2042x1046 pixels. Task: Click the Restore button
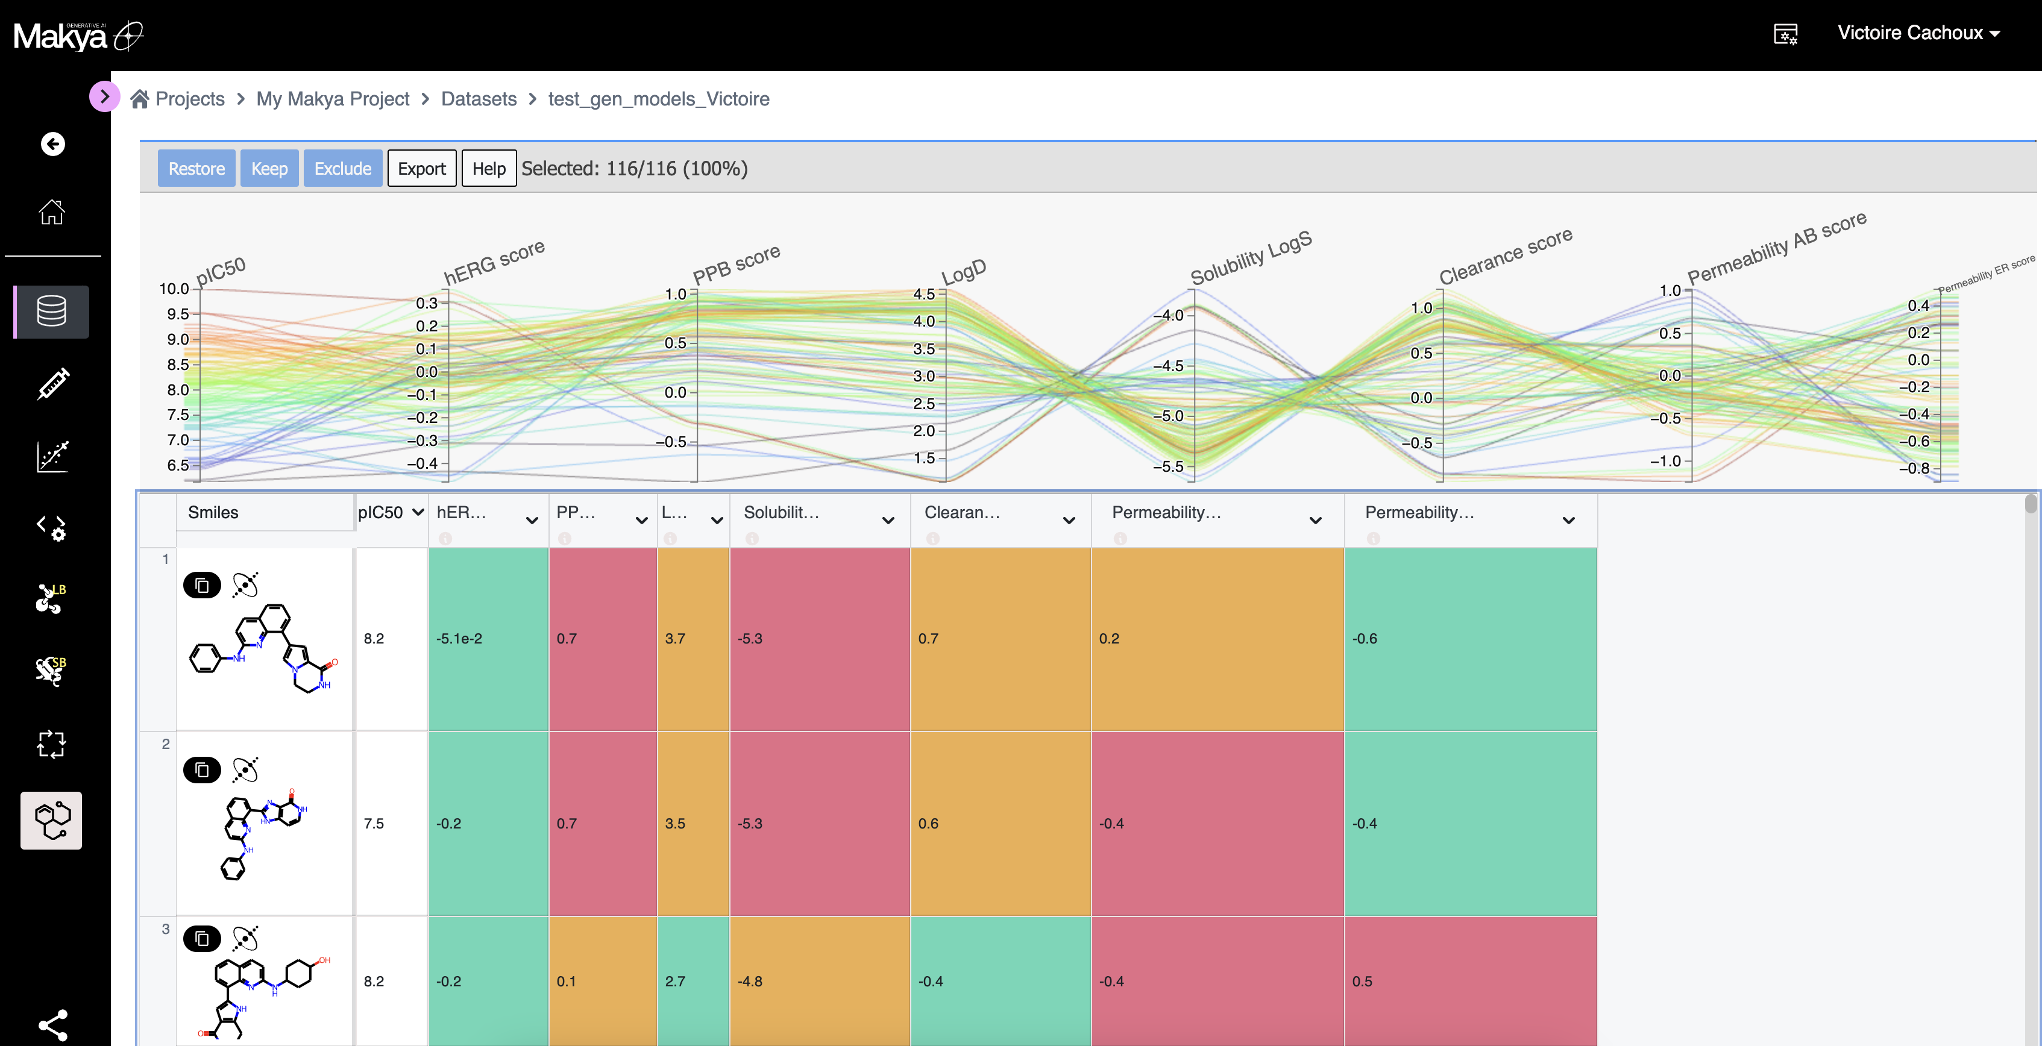click(x=196, y=169)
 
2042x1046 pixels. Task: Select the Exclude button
click(x=342, y=169)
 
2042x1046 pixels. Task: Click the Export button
click(x=421, y=169)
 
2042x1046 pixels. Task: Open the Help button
click(x=488, y=169)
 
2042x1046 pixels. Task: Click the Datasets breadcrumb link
click(x=478, y=99)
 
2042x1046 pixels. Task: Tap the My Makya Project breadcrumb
click(x=332, y=99)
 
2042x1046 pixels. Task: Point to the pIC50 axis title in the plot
click(x=221, y=271)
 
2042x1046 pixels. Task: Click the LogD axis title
click(x=963, y=272)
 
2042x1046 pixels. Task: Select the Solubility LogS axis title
click(x=1251, y=257)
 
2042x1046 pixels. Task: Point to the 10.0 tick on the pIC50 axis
click(x=174, y=289)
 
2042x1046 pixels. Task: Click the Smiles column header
click(x=213, y=513)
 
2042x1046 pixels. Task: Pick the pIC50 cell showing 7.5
click(x=374, y=823)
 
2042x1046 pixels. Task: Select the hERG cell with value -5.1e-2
click(x=459, y=639)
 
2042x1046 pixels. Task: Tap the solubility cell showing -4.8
click(x=750, y=981)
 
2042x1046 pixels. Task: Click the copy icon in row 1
click(x=202, y=586)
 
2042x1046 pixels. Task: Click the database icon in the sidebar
click(x=51, y=312)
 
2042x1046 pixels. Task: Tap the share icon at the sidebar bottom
click(x=52, y=1024)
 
